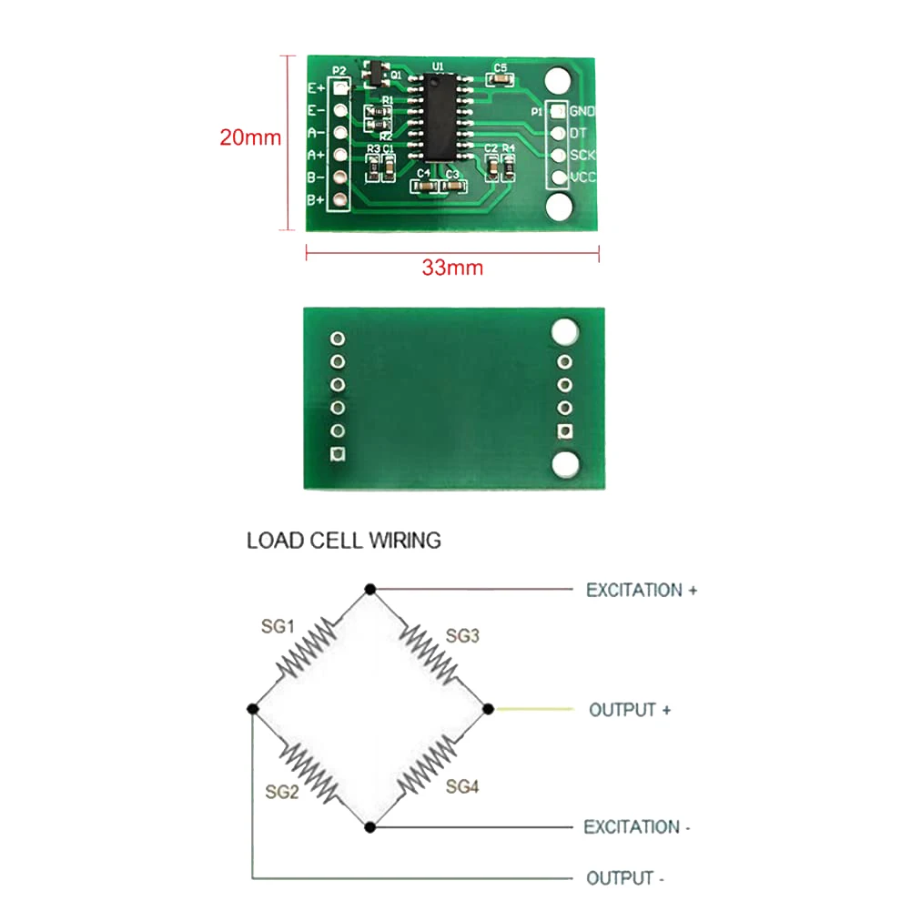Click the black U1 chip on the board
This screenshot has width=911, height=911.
439,116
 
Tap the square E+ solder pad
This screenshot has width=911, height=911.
340,88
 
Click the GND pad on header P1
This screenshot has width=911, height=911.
558,111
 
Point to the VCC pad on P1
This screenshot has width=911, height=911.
558,177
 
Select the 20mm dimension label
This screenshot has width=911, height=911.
250,138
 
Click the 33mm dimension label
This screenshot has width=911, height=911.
452,268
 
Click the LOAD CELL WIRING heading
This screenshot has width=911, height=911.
344,541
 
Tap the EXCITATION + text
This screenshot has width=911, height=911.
642,591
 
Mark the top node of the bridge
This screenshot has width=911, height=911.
370,590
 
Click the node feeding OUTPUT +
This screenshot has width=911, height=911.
487,708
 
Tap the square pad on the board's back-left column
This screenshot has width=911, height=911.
339,453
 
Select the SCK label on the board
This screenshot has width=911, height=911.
582,155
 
